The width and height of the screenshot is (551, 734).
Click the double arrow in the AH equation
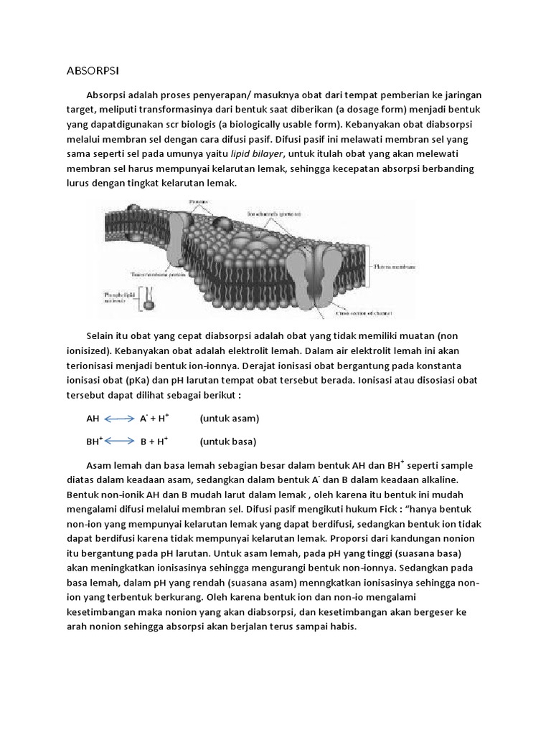120,419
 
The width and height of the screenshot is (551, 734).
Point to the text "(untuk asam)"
230,419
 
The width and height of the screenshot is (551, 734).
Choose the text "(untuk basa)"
228,442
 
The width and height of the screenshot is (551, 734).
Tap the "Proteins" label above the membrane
198,203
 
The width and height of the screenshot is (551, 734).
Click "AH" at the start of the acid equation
93,419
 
